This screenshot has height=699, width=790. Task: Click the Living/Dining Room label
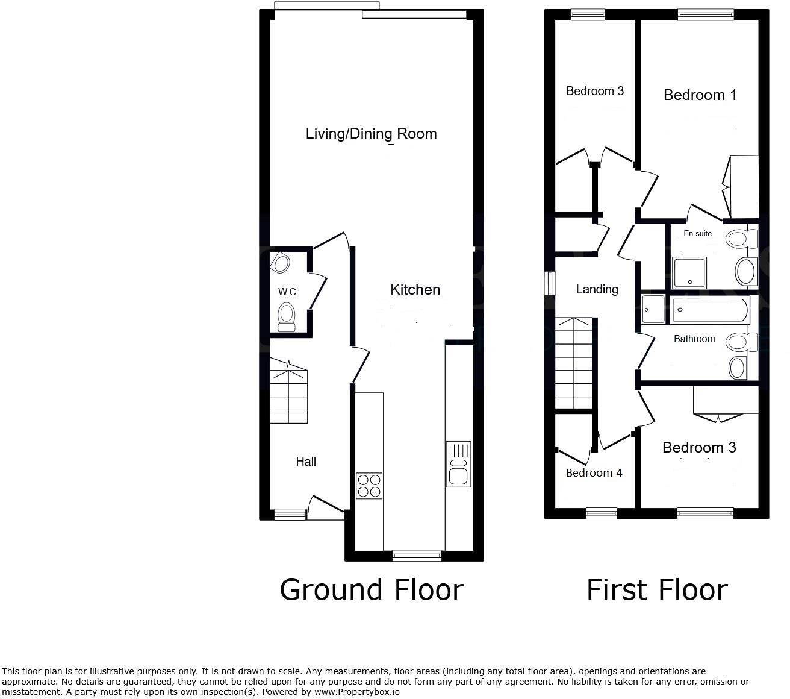point(371,134)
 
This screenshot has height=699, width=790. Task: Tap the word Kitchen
point(415,290)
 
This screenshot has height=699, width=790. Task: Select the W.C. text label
point(288,292)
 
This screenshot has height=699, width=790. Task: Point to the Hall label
point(306,462)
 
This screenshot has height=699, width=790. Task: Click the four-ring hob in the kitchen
point(369,486)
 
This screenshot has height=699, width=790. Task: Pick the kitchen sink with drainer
point(458,463)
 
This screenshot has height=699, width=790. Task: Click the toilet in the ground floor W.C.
point(287,316)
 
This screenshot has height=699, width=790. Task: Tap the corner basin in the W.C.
point(280,263)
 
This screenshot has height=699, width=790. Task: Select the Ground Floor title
point(372,589)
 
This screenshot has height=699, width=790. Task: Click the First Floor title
point(657,589)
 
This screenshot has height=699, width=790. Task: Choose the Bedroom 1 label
point(700,95)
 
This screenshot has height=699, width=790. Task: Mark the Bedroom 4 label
point(594,473)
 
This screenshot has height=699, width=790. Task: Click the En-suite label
point(697,234)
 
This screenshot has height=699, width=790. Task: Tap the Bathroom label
point(694,339)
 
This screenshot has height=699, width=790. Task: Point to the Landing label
point(597,290)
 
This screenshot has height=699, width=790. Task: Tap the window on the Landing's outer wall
point(550,283)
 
